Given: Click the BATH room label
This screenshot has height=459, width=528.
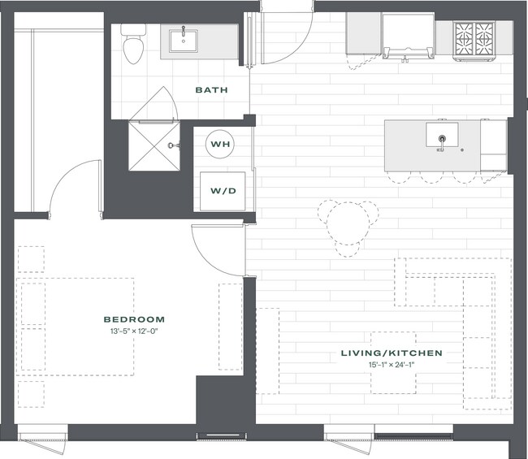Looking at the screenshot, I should point(210,90).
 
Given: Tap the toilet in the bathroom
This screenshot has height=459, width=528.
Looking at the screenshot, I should point(133,45).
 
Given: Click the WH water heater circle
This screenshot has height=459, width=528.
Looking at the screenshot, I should point(219,145).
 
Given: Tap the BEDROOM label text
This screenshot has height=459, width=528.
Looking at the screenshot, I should point(133,319).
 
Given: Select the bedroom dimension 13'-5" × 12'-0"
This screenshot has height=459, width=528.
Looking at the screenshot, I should point(133,332).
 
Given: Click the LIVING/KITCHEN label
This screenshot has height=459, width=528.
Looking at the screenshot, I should point(392,353).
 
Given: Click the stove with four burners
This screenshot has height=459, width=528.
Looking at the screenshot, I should point(474,38).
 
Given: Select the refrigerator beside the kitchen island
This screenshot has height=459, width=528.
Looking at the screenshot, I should point(493,145).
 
